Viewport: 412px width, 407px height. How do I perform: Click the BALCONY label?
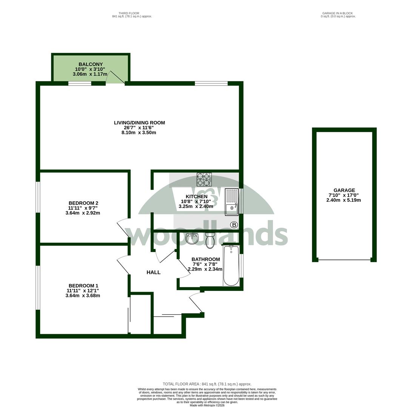(x=91, y=64)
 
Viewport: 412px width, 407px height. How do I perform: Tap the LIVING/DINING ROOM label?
(x=139, y=122)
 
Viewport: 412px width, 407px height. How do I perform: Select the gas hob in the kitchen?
(x=204, y=179)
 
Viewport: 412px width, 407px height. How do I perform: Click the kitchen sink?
(x=232, y=202)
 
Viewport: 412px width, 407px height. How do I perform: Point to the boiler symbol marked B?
(x=234, y=225)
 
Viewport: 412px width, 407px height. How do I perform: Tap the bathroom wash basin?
(x=192, y=238)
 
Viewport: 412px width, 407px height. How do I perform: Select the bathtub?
(x=231, y=266)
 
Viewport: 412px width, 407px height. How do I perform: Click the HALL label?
(x=153, y=272)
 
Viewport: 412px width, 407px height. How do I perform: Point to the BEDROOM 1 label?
(x=83, y=286)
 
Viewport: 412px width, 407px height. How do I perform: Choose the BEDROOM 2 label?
(x=83, y=203)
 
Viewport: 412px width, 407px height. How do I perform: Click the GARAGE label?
(x=344, y=190)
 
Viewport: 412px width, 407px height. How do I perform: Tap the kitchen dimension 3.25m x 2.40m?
(x=196, y=207)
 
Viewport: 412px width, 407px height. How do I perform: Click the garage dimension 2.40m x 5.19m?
(x=343, y=200)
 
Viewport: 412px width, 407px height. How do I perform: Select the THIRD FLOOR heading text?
(x=129, y=13)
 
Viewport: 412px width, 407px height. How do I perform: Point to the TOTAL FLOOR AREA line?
(x=207, y=384)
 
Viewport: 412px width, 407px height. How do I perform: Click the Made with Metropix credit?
(x=207, y=405)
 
